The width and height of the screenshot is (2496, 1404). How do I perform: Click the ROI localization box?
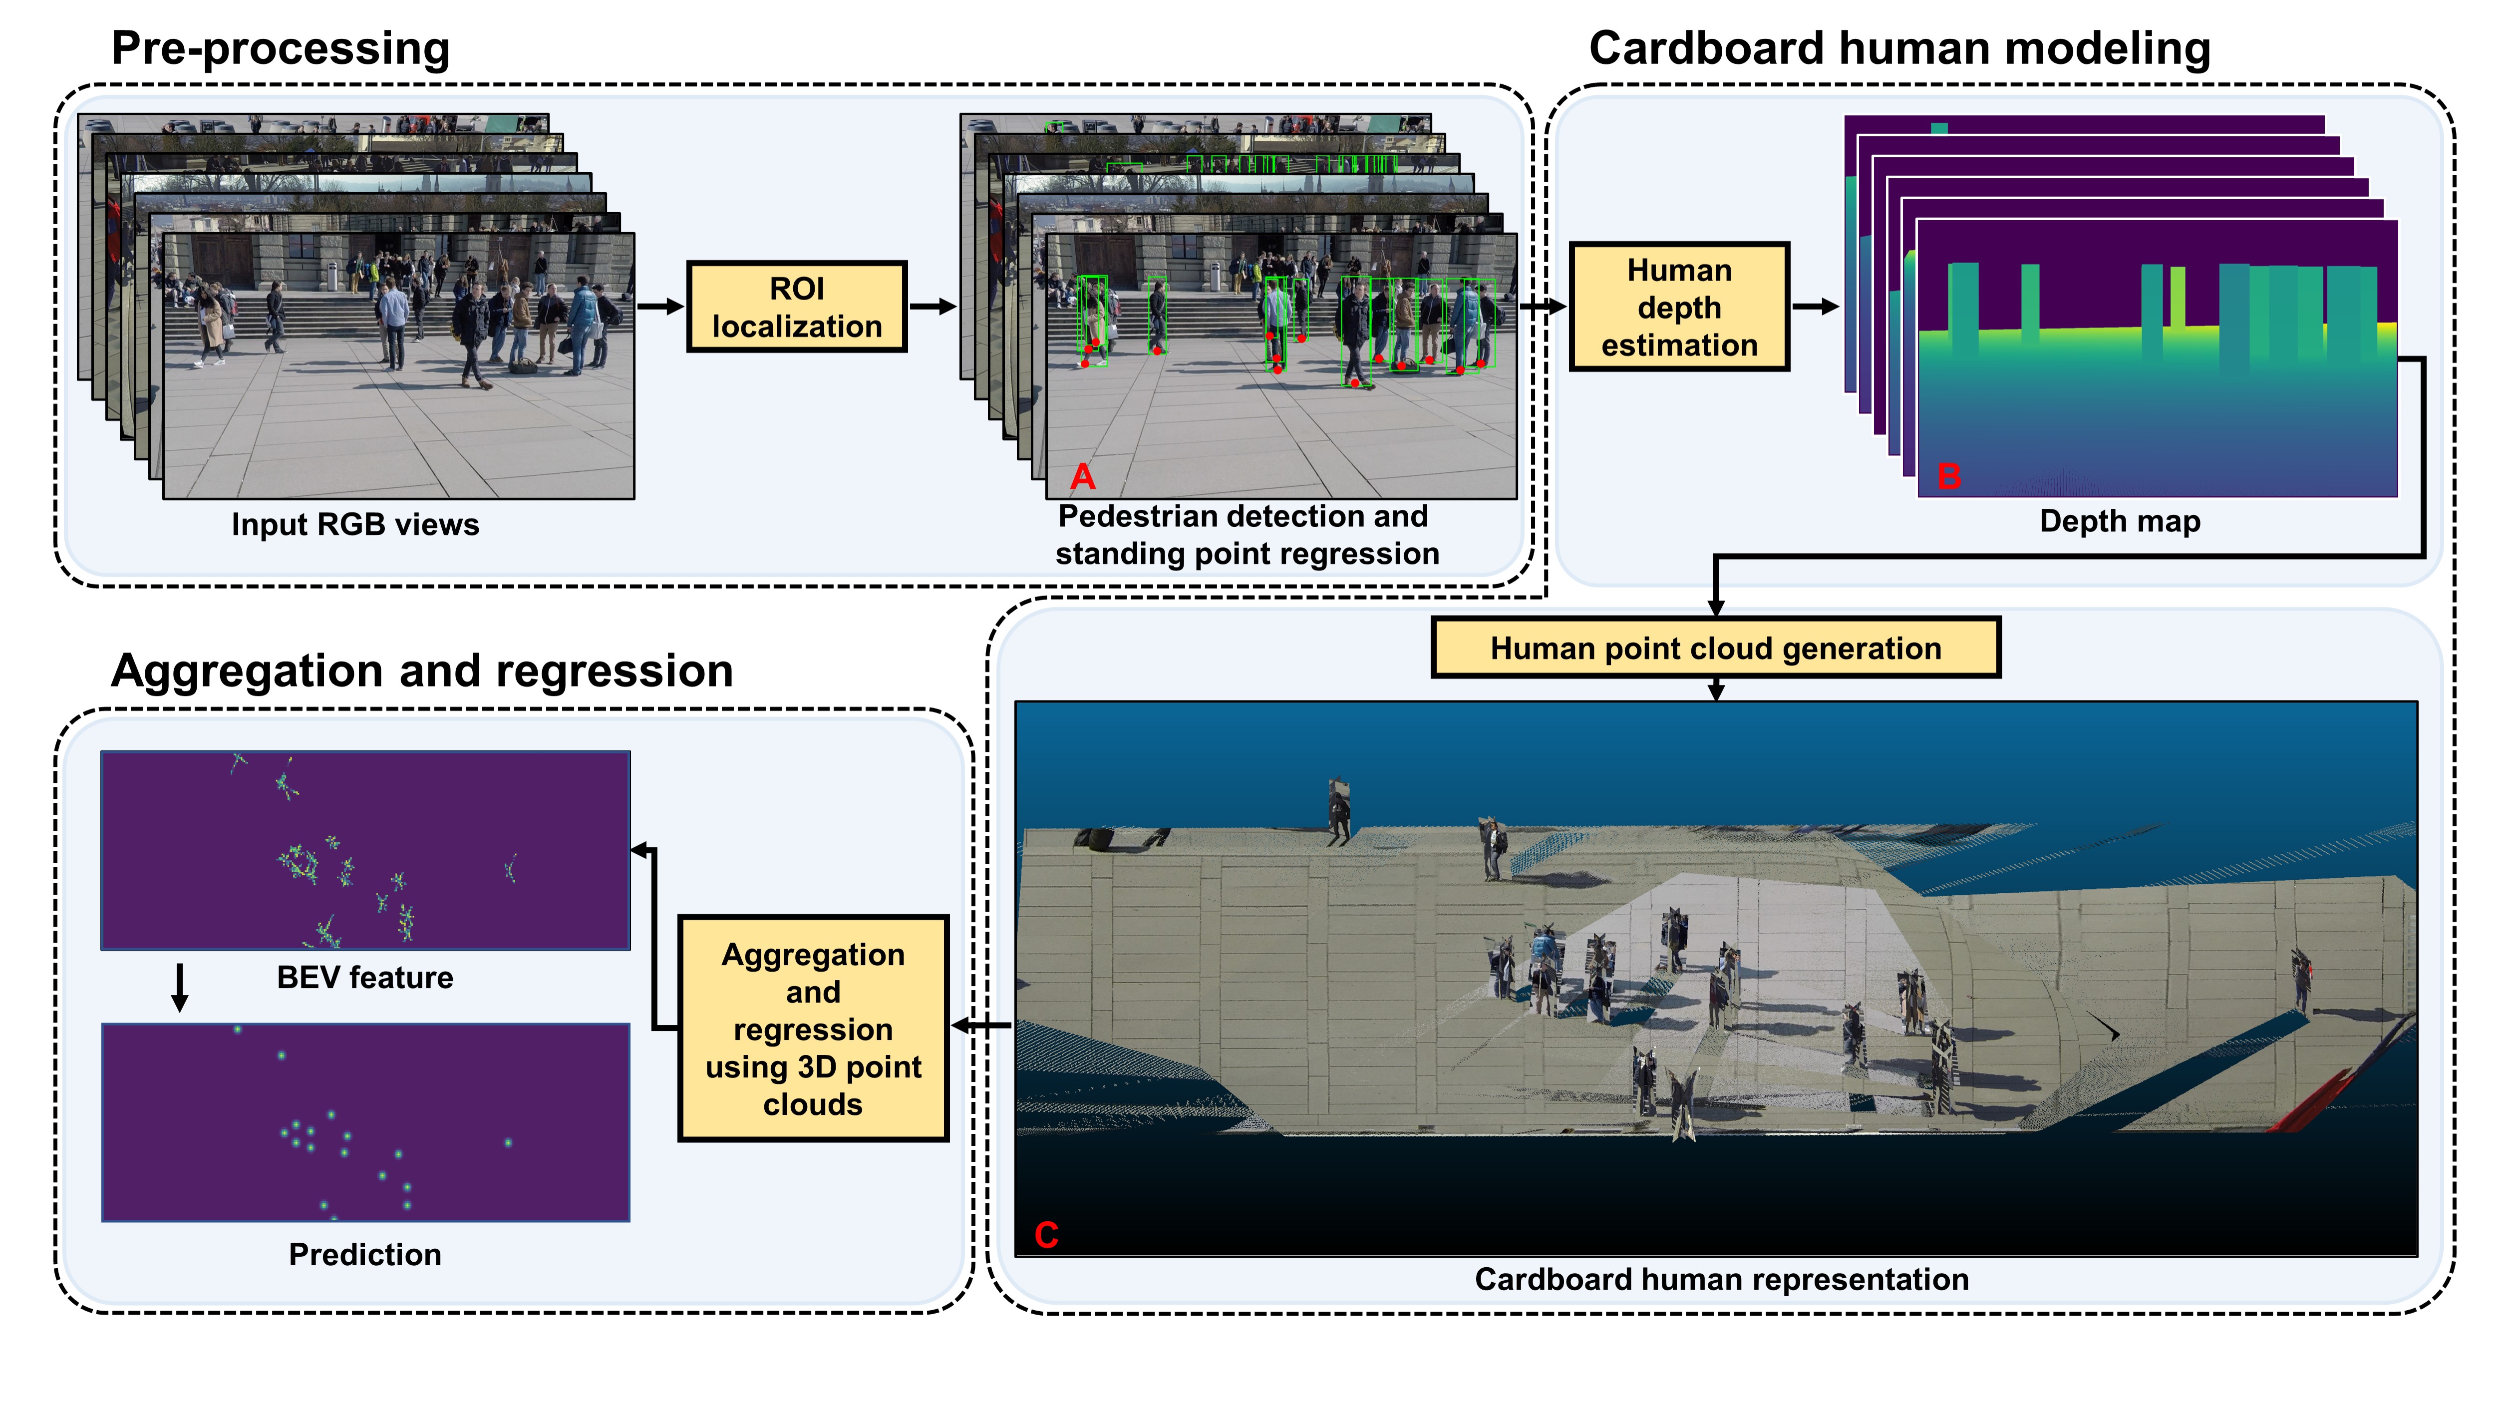[x=796, y=306]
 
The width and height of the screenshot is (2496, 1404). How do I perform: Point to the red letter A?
[x=1082, y=477]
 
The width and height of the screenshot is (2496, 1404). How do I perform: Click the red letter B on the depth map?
[x=1948, y=477]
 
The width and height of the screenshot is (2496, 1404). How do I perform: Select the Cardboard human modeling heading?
[x=1899, y=48]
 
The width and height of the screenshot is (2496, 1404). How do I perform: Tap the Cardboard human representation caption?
[x=1721, y=1279]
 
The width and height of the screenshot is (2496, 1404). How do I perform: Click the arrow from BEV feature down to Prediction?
[x=179, y=987]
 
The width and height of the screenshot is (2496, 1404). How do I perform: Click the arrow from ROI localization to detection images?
[x=932, y=306]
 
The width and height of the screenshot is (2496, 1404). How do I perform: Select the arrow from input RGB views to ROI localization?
[x=661, y=306]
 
